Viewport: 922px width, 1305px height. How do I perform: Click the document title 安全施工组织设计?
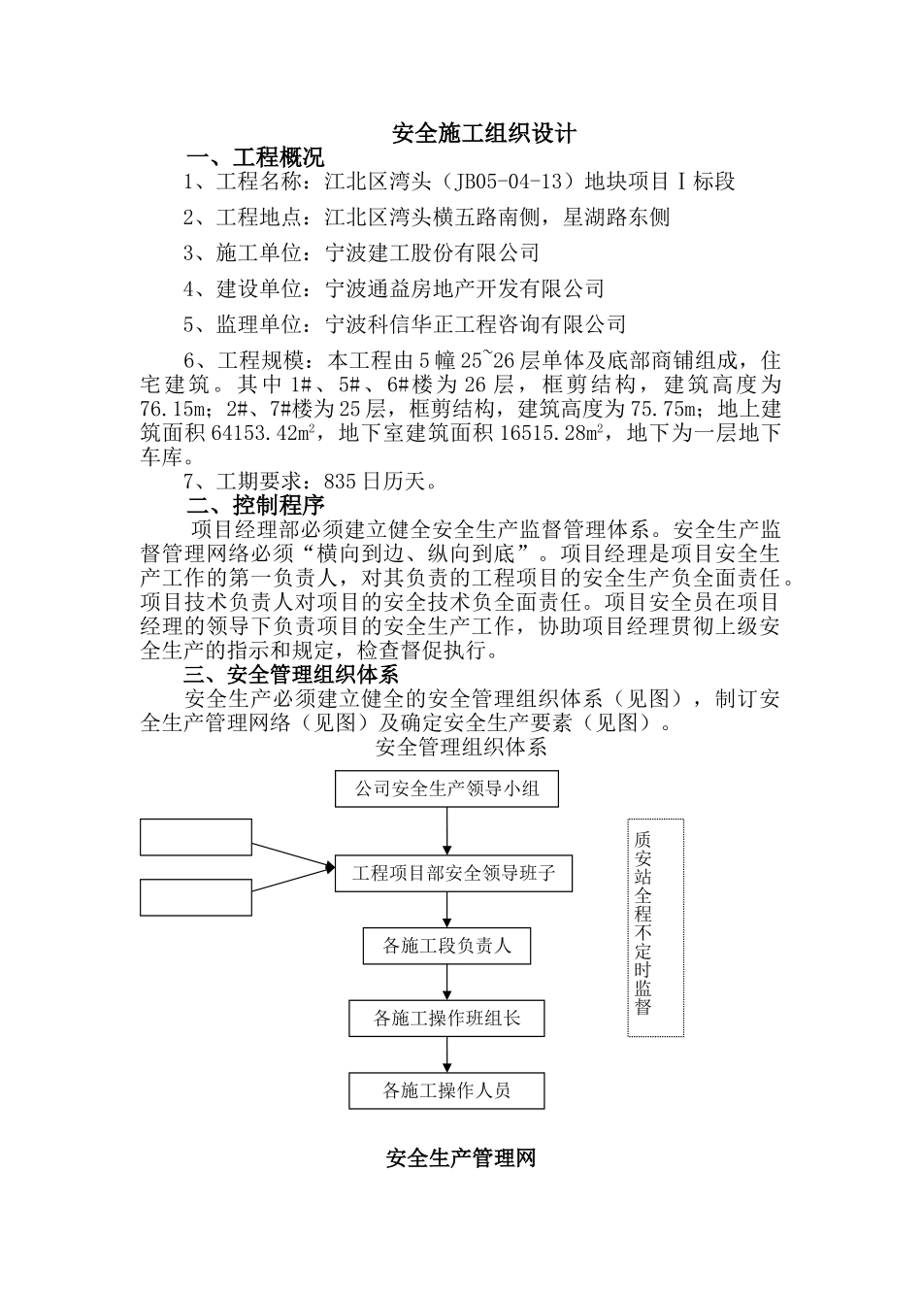click(483, 133)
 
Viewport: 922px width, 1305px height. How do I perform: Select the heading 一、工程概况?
click(255, 157)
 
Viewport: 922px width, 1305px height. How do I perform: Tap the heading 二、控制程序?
click(255, 505)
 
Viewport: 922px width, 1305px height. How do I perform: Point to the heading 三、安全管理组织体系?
click(291, 675)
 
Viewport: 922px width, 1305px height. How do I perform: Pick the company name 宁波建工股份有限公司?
click(433, 252)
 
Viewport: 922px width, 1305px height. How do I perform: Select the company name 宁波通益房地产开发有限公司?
click(465, 288)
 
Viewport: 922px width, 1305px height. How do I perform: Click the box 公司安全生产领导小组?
click(447, 788)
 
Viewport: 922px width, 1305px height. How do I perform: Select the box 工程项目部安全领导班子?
click(453, 873)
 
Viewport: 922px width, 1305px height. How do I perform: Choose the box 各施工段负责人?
click(446, 946)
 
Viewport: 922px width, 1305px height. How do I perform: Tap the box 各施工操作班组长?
click(446, 1018)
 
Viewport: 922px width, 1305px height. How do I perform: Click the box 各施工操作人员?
click(446, 1090)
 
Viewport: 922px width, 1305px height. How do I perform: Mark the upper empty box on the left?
click(196, 837)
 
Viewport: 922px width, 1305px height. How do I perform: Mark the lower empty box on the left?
click(196, 897)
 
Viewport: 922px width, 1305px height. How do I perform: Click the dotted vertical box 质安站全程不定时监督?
click(642, 927)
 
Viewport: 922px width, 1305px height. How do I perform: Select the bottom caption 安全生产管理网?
click(461, 1158)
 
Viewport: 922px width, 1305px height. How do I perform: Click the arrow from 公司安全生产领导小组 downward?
click(447, 830)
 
